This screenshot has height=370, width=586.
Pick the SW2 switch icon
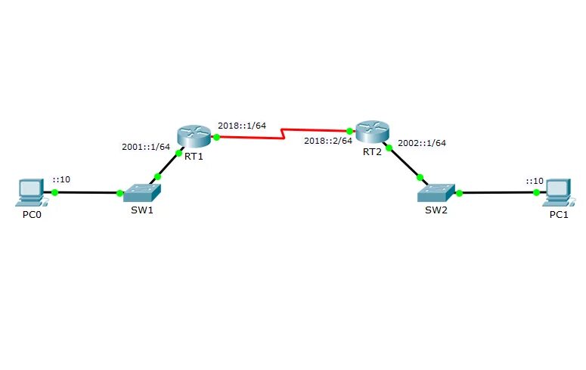436,192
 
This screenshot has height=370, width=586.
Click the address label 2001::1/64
145,147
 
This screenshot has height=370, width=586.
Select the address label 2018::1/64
241,125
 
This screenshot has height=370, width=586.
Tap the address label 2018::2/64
328,141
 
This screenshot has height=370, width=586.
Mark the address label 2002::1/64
422,142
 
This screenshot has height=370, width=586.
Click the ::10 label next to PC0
61,180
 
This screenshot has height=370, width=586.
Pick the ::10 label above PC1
535,181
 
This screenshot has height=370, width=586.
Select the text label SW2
436,210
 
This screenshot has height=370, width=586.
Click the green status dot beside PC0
54,192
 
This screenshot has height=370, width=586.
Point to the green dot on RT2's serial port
350,131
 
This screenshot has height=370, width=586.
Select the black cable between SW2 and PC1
495,192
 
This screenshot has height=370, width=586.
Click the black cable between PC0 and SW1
87,192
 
